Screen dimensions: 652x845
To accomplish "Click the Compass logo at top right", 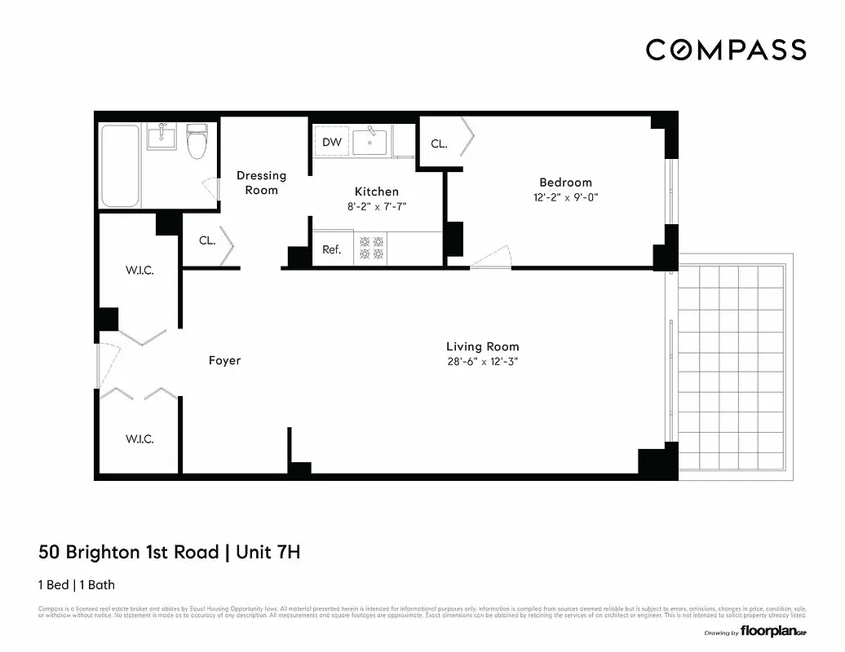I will click(726, 50).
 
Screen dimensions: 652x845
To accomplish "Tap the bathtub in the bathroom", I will click(120, 166).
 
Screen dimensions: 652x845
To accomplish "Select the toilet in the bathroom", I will click(197, 142).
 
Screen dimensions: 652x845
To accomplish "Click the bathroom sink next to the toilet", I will click(162, 137).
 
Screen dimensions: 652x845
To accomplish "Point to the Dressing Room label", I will click(261, 183).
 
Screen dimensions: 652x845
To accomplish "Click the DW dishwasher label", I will click(331, 142).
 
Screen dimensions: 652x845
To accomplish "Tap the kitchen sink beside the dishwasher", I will click(370, 141).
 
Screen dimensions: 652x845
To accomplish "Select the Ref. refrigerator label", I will click(331, 250).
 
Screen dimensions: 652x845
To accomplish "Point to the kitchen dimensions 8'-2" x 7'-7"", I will click(376, 207).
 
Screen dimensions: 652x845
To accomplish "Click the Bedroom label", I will click(565, 182).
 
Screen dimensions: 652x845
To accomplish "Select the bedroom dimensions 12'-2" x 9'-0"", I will click(565, 197).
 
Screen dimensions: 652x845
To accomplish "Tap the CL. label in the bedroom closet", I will click(439, 143).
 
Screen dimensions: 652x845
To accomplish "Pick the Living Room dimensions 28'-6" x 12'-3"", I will click(482, 361).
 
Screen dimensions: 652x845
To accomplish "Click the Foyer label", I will click(224, 360).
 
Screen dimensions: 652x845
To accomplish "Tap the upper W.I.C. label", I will click(139, 271).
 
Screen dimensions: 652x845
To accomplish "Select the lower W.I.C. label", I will click(139, 438).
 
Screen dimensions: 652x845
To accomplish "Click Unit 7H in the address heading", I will click(268, 553).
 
